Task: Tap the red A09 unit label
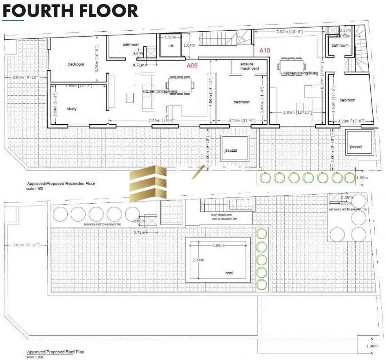pyautogui.click(x=192, y=65)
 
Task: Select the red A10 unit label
pyautogui.click(x=265, y=50)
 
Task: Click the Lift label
pyautogui.click(x=170, y=46)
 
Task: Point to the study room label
pyautogui.click(x=71, y=109)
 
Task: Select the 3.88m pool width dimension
pyautogui.click(x=219, y=245)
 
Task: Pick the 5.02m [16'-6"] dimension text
pyautogui.click(x=289, y=32)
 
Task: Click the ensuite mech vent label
pyautogui.click(x=247, y=66)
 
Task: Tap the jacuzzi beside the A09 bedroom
pyautogui.click(x=235, y=148)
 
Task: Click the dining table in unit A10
pyautogui.click(x=291, y=65)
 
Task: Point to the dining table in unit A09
pyautogui.click(x=180, y=85)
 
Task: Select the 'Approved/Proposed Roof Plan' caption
pyautogui.click(x=55, y=352)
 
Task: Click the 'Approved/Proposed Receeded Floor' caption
pyautogui.click(x=61, y=183)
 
